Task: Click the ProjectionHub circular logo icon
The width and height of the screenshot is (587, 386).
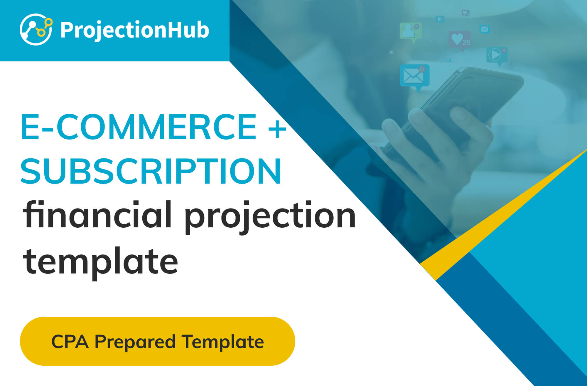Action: [x=36, y=29]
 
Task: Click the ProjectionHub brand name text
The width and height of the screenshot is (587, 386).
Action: [x=135, y=30]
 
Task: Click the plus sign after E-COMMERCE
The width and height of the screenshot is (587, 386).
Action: [x=277, y=129]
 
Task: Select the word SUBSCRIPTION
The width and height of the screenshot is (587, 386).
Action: [x=151, y=171]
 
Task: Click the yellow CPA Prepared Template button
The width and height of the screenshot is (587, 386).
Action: [x=157, y=341]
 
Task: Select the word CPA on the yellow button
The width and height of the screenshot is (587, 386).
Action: [x=70, y=341]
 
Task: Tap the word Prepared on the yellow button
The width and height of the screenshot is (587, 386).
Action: [x=135, y=342]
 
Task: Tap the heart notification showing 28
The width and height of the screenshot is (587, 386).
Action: [x=460, y=41]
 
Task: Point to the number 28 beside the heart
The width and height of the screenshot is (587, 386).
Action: [x=466, y=43]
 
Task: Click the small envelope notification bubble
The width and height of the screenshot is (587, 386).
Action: [x=485, y=29]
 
